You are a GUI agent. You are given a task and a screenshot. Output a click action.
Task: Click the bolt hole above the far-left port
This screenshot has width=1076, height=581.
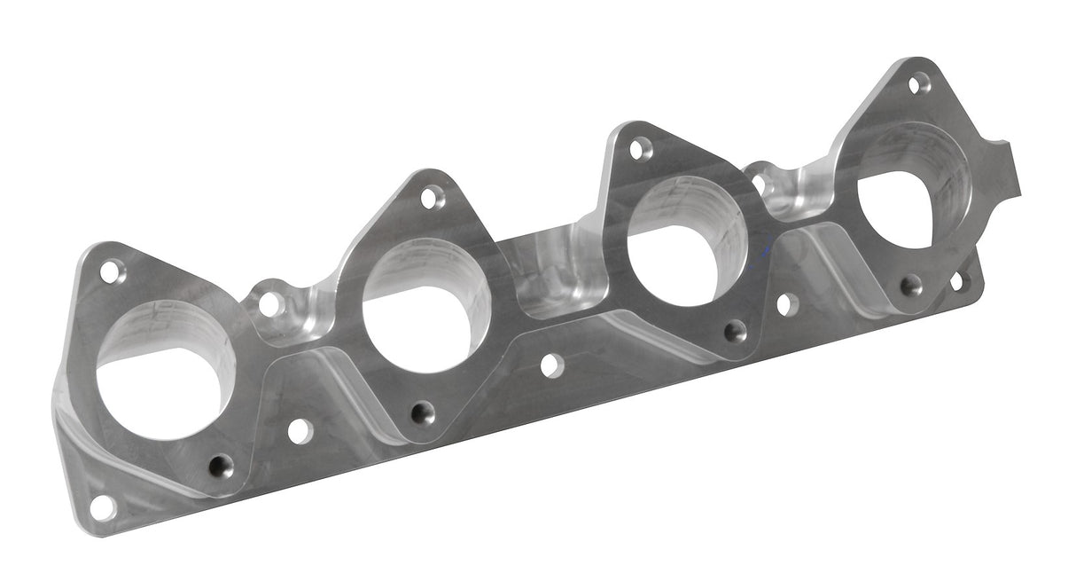(x=112, y=271)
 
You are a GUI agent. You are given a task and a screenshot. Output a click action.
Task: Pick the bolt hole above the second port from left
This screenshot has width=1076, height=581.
(x=432, y=197)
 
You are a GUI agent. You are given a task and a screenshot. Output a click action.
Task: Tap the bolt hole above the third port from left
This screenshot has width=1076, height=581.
(x=640, y=148)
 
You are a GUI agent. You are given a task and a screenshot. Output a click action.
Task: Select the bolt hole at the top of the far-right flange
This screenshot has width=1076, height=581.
(x=919, y=84)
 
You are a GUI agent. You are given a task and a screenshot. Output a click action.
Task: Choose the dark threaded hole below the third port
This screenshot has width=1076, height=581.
(x=735, y=332)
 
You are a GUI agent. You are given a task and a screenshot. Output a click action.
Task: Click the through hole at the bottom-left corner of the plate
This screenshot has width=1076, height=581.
(x=103, y=507)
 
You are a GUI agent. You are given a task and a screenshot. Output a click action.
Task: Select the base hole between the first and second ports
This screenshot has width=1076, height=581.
(x=300, y=431)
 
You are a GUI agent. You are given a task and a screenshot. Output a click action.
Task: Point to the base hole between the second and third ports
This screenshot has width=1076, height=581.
(x=551, y=365)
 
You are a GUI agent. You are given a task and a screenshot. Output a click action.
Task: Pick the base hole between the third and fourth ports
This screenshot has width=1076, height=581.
(x=785, y=304)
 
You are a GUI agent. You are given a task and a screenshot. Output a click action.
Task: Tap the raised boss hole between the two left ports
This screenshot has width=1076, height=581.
(x=269, y=303)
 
